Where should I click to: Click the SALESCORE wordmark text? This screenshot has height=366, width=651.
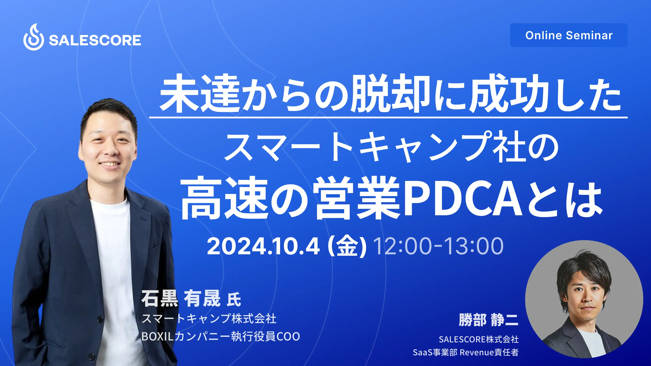point(95,40)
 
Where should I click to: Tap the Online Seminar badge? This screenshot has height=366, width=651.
point(569,35)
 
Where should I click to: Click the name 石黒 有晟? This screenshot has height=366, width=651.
point(181,298)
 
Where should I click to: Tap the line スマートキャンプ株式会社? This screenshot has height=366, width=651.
point(209,318)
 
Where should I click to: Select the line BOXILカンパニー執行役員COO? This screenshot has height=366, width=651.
point(221,337)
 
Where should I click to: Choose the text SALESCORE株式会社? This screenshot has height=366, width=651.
point(479,340)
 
